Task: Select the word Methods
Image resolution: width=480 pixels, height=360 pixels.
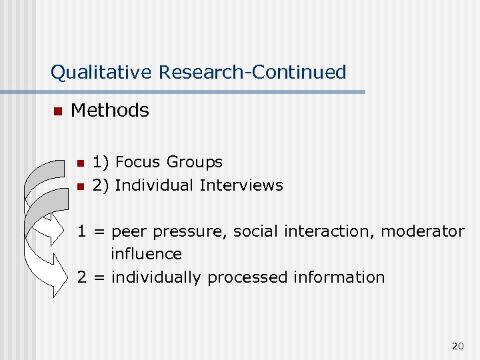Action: (109, 111)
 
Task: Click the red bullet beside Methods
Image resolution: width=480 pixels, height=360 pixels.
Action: (57, 111)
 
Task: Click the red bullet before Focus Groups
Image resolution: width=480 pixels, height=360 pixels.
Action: (80, 163)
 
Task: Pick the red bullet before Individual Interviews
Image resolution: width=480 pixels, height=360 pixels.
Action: (80, 186)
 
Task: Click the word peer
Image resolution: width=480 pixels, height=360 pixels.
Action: (131, 232)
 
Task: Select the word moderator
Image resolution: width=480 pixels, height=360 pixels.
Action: (423, 231)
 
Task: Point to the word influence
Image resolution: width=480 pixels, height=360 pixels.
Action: (146, 254)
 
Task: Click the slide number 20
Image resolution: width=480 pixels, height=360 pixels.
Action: (457, 345)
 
